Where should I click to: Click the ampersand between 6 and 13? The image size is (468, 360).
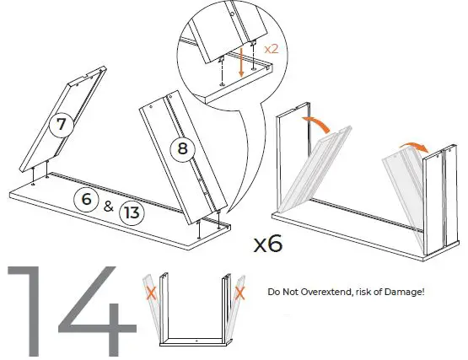coord(108,205)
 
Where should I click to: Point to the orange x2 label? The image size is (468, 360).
coord(272,50)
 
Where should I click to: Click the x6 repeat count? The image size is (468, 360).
coord(267,244)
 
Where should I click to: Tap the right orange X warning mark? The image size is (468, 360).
coord(240,293)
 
